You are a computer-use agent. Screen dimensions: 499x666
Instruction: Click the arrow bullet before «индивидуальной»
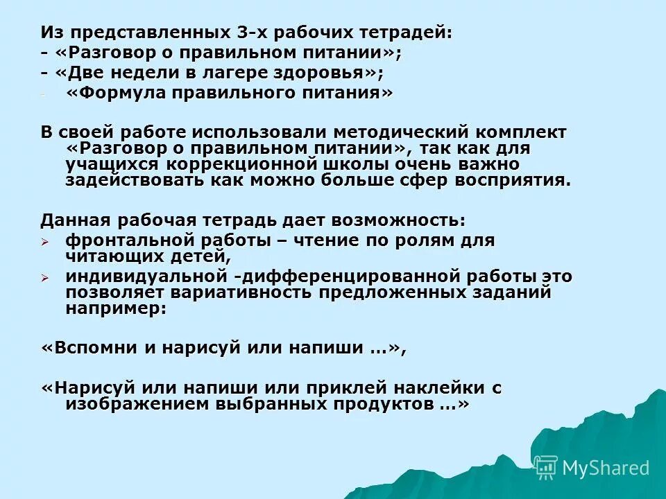(x=46, y=277)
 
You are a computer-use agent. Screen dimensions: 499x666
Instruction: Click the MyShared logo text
(x=604, y=468)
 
